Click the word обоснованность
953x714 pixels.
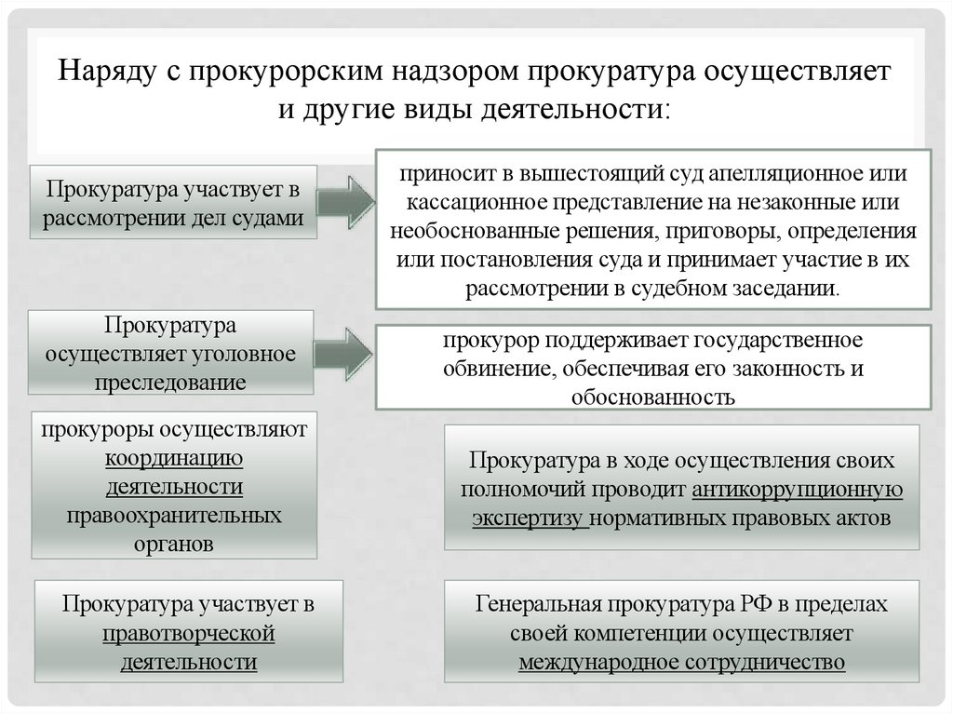tap(654, 397)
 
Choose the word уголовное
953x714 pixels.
tap(244, 355)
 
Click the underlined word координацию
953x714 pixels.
tap(174, 458)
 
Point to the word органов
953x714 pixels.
tap(173, 544)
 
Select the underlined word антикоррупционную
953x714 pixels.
tap(798, 490)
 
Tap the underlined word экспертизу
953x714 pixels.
tap(528, 518)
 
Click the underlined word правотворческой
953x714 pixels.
tap(188, 633)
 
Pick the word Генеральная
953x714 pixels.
tap(537, 604)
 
